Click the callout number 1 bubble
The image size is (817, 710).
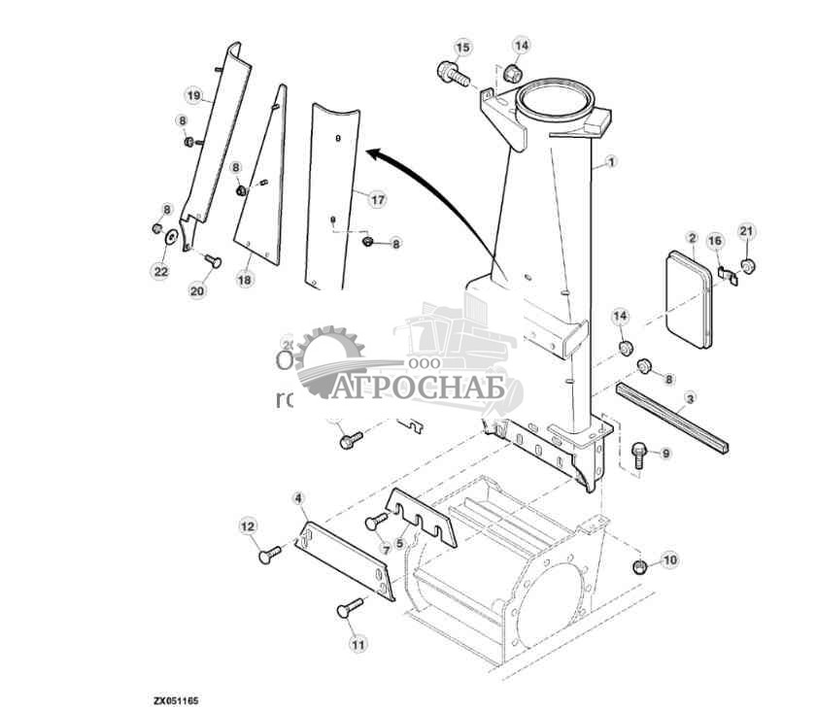609,163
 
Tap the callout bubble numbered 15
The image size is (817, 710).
462,48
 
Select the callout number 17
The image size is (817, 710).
377,199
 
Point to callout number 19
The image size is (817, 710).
193,95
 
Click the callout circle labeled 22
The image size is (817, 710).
160,271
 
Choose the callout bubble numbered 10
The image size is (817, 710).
669,560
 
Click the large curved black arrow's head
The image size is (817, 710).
372,152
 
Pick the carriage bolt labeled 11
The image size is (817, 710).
347,608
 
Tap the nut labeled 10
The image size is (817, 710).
639,566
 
